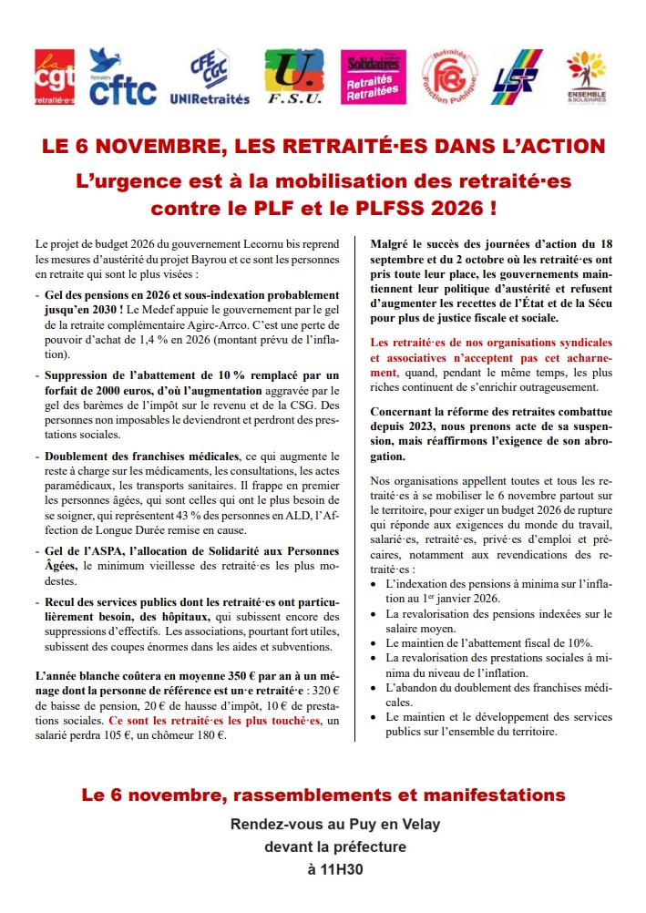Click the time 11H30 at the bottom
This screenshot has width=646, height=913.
coord(335,869)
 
